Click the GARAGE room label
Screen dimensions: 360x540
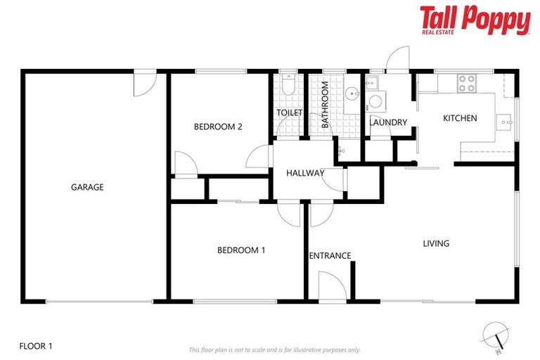[87, 187]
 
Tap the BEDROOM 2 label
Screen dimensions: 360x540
[218, 127]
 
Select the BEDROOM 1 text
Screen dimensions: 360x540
[241, 250]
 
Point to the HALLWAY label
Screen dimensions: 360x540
[305, 173]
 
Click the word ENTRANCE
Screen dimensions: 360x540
[330, 255]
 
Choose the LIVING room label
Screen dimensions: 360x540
[435, 244]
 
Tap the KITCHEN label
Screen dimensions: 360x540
[460, 118]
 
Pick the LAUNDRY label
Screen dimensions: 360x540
[388, 122]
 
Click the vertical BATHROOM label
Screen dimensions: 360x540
[326, 105]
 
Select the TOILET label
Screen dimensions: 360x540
[289, 112]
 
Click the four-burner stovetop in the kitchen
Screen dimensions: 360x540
[467, 84]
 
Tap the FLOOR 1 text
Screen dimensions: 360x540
[36, 345]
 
